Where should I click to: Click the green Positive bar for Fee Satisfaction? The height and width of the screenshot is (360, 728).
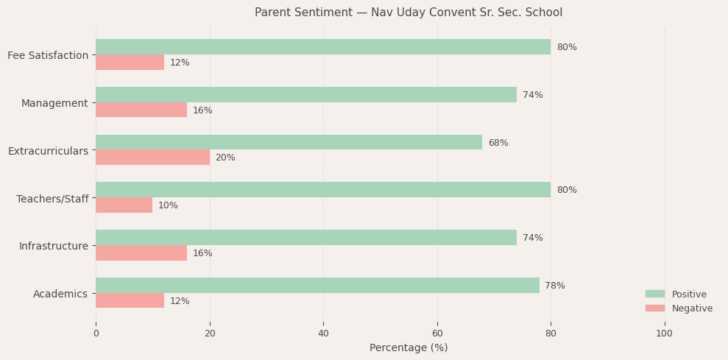pos(322,47)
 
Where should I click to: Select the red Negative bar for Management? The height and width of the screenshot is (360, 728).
pos(141,110)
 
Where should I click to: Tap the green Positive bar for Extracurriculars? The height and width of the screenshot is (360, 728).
pos(289,143)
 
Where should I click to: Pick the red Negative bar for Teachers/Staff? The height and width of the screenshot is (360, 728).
pos(124,205)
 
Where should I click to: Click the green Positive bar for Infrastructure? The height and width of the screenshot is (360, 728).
pos(305,238)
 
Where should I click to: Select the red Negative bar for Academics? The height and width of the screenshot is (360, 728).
pos(130,300)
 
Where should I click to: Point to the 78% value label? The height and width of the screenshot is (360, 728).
pos(555,286)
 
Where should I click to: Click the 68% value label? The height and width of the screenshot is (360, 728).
pos(498,143)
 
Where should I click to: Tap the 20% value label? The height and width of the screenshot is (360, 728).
pos(225,158)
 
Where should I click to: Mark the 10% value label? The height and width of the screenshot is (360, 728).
pos(168,205)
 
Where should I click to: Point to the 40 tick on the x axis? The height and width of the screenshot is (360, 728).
pos(323,333)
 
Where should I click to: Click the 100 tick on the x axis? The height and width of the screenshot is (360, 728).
pos(664,333)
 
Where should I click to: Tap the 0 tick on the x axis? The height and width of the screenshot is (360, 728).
pos(96,333)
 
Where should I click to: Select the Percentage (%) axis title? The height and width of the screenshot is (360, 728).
pos(408,347)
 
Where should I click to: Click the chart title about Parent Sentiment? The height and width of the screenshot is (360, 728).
pos(408,13)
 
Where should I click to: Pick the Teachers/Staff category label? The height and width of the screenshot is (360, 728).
pos(52,199)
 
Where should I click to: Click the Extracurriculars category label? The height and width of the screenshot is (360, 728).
pos(48,151)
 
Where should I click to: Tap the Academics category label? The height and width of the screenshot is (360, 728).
pos(60,294)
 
